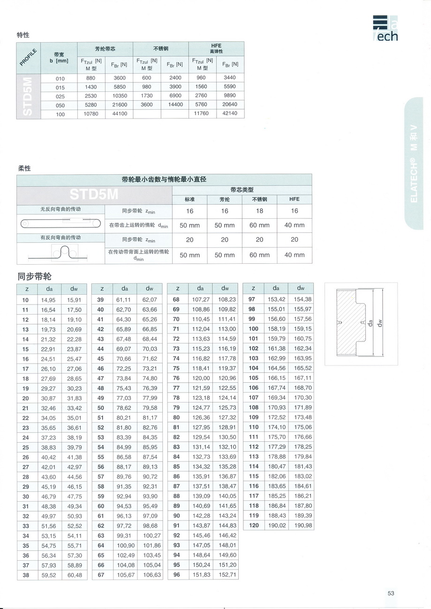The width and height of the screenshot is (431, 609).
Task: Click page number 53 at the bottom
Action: click(x=391, y=593)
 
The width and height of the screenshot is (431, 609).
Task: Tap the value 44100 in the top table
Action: click(x=120, y=113)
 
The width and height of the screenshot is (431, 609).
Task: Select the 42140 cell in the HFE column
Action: click(x=229, y=113)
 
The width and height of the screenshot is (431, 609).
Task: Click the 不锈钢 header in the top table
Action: click(x=161, y=49)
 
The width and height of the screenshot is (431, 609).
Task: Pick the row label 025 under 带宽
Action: click(x=60, y=96)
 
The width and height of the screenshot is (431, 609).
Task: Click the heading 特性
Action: click(x=23, y=35)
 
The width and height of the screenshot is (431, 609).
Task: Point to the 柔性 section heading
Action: click(x=24, y=168)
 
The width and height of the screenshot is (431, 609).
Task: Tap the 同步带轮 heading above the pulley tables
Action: click(x=34, y=276)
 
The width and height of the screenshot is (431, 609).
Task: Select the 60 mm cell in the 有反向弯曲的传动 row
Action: click(x=259, y=255)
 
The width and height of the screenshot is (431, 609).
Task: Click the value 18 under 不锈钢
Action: click(x=259, y=211)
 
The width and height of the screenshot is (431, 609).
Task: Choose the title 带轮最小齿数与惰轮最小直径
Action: click(x=164, y=179)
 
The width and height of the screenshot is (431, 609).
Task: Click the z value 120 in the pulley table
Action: click(x=254, y=525)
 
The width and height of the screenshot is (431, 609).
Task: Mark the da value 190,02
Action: click(x=276, y=525)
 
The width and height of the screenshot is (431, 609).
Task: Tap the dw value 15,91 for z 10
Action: click(x=74, y=300)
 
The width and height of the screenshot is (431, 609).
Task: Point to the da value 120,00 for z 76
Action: click(x=200, y=378)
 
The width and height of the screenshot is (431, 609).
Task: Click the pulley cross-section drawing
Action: click(x=361, y=324)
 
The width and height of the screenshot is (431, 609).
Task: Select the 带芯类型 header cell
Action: click(x=242, y=190)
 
